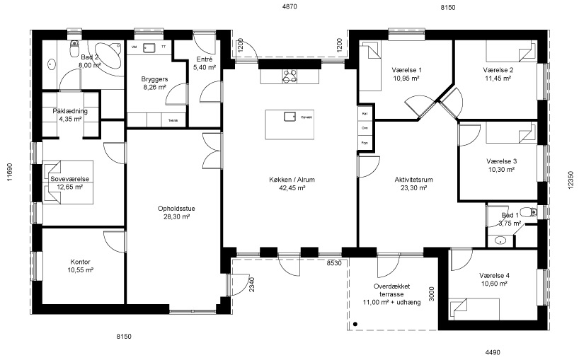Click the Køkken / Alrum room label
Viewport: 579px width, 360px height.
click(x=292, y=180)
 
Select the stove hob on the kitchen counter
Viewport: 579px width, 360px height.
click(x=289, y=76)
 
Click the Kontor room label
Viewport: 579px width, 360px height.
click(x=79, y=262)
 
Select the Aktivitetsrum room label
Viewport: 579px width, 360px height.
click(x=413, y=180)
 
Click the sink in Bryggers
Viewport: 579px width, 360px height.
click(x=149, y=47)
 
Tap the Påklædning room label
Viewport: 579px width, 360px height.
click(x=70, y=111)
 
